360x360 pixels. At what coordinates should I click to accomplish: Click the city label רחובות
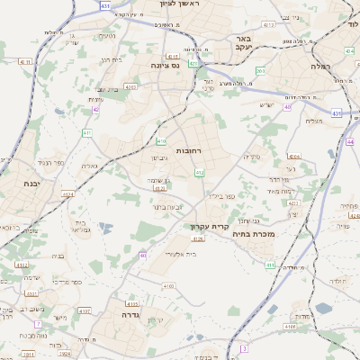coord(193,150)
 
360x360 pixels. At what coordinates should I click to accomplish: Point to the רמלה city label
coord(321,67)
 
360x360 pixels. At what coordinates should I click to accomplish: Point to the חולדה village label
coord(337,282)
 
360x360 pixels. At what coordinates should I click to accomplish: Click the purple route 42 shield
coord(96,110)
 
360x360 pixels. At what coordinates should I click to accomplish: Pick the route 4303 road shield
coord(130,87)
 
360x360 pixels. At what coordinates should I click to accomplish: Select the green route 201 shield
coord(260,70)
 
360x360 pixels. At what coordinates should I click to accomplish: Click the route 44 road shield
coord(350,142)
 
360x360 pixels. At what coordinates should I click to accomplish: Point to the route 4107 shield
coord(85,310)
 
